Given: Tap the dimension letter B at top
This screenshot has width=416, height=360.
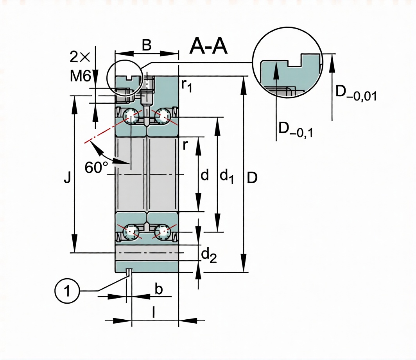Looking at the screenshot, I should pos(146,45).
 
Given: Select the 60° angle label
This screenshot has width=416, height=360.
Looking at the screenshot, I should pos(96,167).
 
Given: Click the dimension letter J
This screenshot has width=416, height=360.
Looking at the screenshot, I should pos(68,178).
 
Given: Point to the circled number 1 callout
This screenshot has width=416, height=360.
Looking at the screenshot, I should pos(68,291).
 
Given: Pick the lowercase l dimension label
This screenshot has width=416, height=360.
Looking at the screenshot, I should pos(154,312).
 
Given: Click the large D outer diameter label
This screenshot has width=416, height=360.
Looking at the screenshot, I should pos(253,178).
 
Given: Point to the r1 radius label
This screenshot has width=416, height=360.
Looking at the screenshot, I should pos(187,85).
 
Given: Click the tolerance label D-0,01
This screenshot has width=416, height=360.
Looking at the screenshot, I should pos(356,94).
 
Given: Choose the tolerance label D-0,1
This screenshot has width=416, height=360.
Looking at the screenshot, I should pos(295,130).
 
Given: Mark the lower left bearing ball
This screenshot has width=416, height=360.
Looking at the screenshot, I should pos(131,232).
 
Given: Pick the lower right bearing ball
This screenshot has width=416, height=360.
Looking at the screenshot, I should pos(162,232).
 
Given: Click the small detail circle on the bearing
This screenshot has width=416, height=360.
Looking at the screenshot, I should pos(124,77).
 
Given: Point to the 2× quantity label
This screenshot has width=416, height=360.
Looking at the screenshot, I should pos(80,58).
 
